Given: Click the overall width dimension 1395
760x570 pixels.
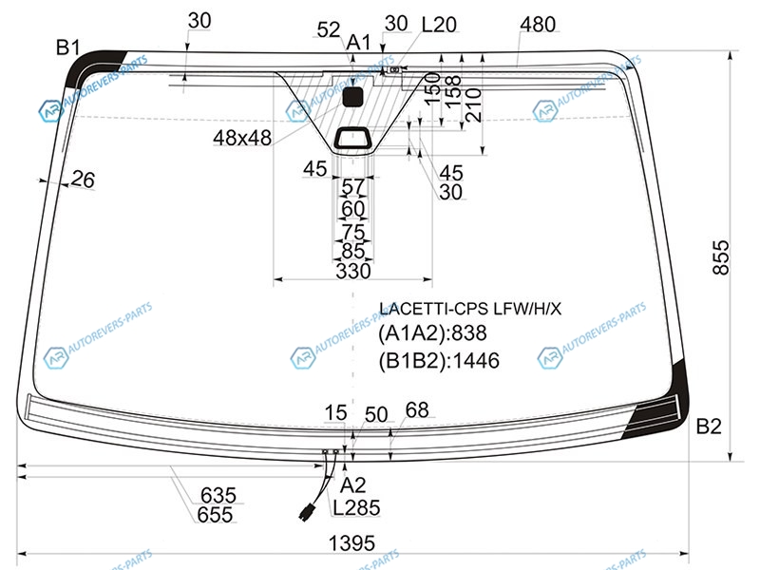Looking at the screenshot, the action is [351, 542].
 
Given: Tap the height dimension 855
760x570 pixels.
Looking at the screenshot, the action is [721, 257].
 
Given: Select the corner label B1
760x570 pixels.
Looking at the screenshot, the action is [67, 47].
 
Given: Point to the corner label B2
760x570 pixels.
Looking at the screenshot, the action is [709, 426].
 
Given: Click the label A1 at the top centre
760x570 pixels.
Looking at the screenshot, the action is [359, 43].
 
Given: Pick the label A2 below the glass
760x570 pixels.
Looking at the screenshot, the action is [352, 484].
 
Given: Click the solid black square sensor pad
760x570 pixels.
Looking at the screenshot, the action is [352, 97].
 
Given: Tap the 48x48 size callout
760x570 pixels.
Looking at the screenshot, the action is [242, 138].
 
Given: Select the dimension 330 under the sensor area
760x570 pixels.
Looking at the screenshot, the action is [353, 271].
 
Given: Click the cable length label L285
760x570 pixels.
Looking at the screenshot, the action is [356, 507].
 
